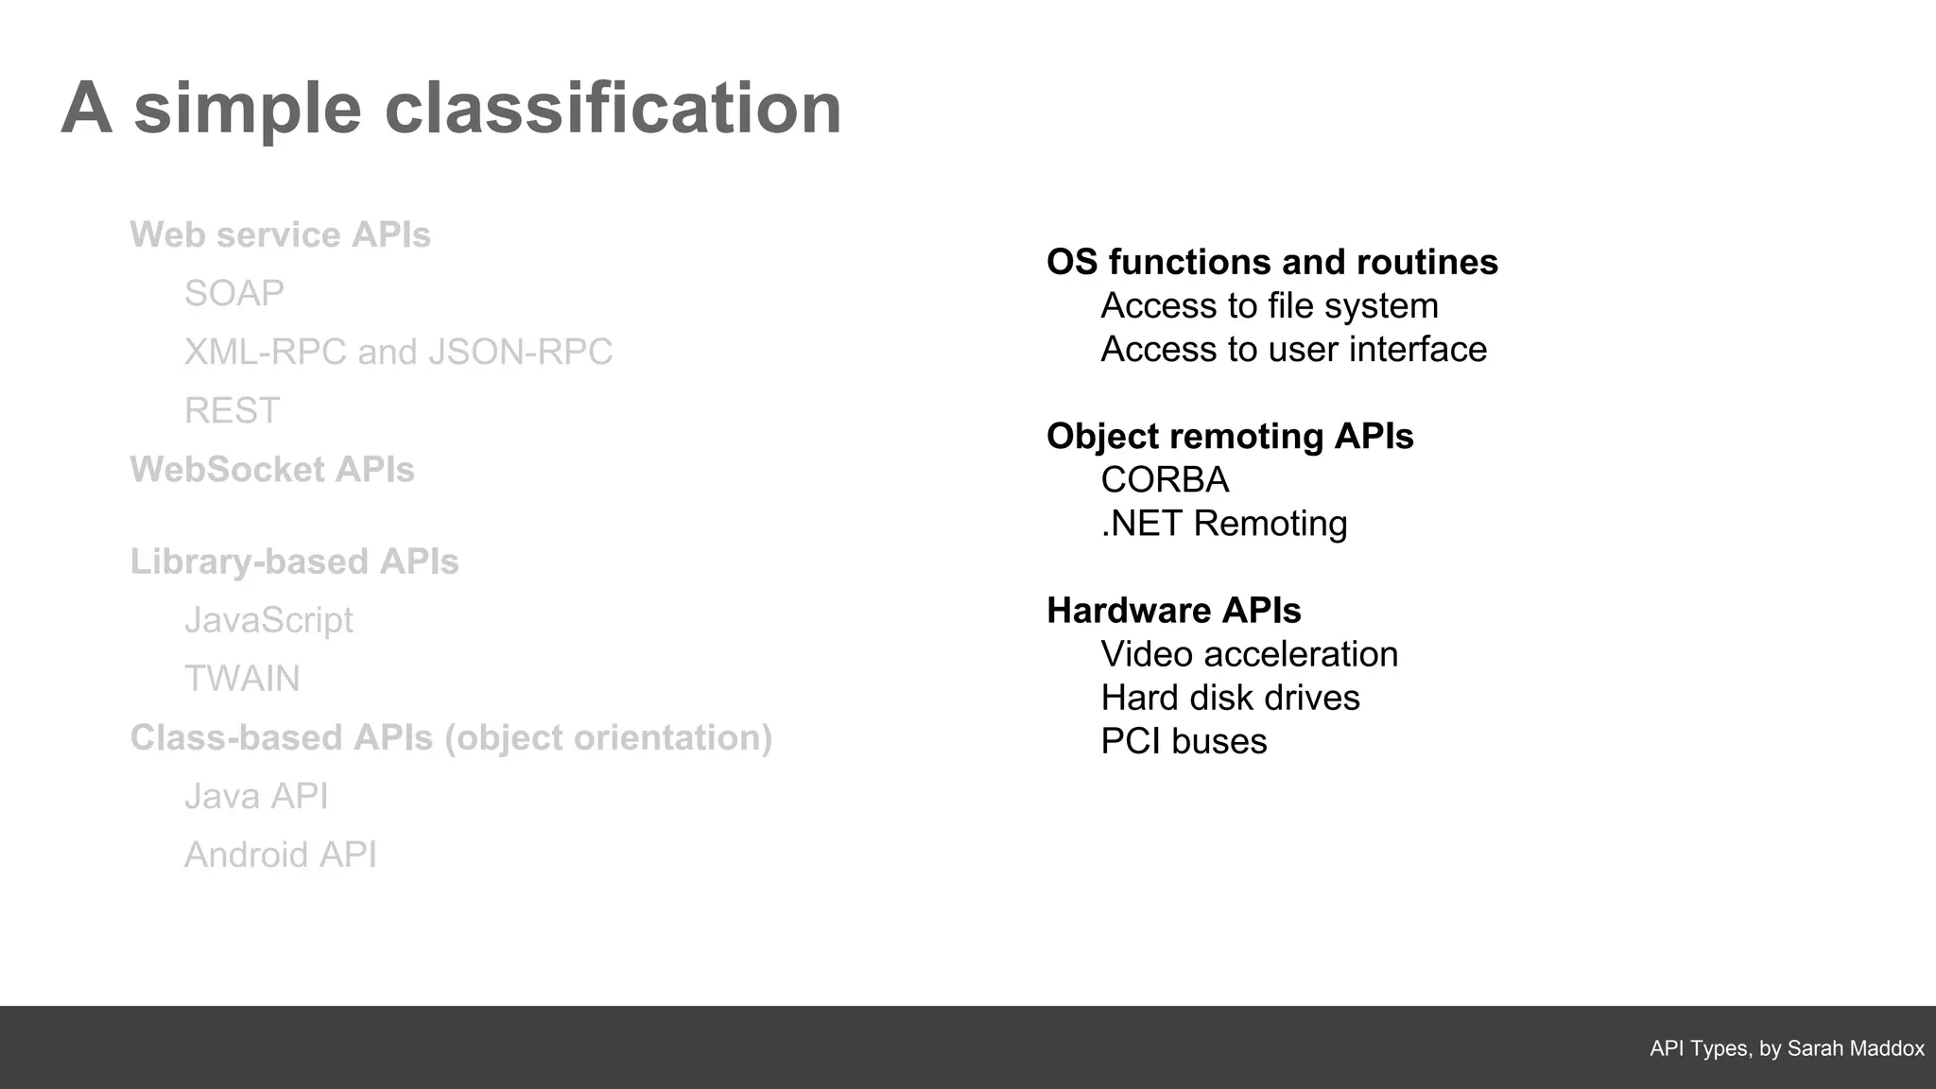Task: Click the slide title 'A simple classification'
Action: tap(451, 109)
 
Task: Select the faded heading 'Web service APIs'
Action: tap(280, 234)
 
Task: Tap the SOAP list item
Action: tap(233, 293)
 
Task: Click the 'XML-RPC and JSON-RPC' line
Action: tap(398, 352)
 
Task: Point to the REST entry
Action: tap(232, 410)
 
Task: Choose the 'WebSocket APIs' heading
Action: tap(272, 469)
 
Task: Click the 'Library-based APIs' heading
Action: tap(294, 562)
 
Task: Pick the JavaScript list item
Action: tap(268, 620)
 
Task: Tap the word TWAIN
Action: tap(242, 679)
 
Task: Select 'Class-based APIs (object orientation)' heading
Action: tap(451, 737)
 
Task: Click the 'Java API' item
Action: tap(256, 796)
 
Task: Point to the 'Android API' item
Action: tap(280, 855)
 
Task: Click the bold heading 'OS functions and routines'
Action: tap(1271, 262)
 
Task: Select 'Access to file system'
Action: tap(1269, 305)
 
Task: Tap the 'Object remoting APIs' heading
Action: tap(1230, 436)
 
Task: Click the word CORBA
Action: tap(1165, 479)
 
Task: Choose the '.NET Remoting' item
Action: tap(1224, 523)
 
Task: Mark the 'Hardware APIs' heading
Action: tap(1173, 611)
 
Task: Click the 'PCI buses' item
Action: tap(1184, 741)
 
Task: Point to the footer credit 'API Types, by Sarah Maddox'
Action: tap(1787, 1048)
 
